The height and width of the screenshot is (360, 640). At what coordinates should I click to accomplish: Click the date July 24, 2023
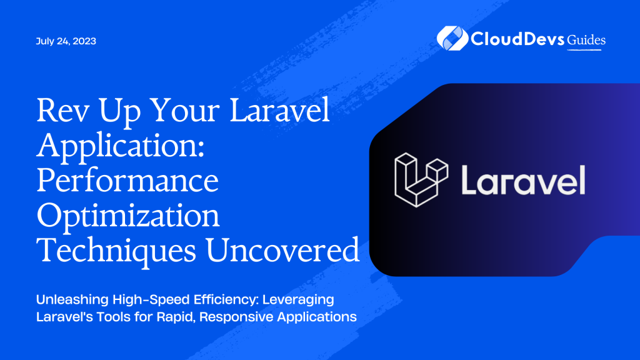[x=66, y=42]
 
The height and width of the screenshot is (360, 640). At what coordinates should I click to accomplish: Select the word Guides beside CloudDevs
[x=587, y=40]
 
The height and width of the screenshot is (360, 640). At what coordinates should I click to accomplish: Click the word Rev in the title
[x=61, y=113]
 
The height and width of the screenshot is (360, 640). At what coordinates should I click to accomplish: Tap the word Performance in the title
[x=128, y=182]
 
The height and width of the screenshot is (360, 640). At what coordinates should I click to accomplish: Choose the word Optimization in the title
[x=128, y=216]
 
